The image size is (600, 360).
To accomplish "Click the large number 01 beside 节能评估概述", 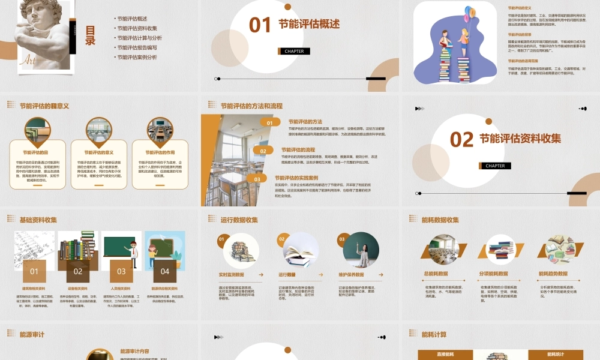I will [x=260, y=25].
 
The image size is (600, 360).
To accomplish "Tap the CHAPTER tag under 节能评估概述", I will [x=294, y=51].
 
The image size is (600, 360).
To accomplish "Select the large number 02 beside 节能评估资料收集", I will [x=462, y=139].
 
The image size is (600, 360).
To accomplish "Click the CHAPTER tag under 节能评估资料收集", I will [x=495, y=166].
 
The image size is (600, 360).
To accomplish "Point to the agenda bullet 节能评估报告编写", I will [x=137, y=47].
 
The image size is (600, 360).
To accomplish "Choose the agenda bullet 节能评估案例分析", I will [x=137, y=57].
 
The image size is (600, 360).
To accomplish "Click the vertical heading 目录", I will [x=90, y=35].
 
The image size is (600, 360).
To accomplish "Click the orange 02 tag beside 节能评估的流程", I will [x=263, y=151].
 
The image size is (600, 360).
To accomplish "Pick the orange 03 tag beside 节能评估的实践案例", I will [x=257, y=179].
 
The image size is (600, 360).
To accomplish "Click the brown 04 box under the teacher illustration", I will [x=165, y=271].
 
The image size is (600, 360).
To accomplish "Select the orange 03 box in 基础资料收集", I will [x=121, y=271].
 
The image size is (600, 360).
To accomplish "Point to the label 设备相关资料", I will [x=78, y=289].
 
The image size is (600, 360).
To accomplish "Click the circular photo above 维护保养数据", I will [x=361, y=250].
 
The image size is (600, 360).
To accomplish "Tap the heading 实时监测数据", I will [x=232, y=275].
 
